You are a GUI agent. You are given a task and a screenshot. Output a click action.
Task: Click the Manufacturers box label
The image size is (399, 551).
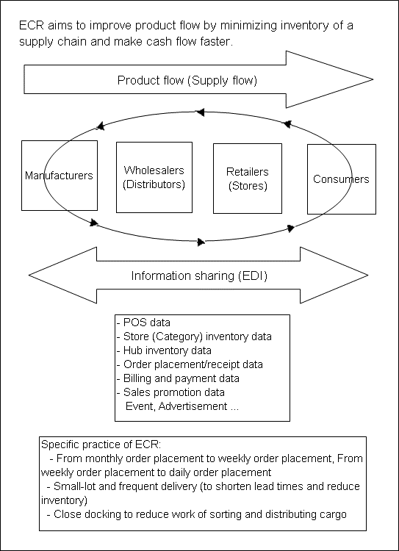(59, 176)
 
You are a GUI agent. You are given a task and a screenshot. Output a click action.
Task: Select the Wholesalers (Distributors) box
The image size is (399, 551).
(154, 177)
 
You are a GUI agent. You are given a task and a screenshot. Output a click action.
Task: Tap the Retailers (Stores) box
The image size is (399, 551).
(248, 179)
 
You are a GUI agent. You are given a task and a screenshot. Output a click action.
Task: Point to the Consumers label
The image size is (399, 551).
(341, 179)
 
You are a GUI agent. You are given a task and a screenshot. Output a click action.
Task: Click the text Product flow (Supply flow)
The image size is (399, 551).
(187, 81)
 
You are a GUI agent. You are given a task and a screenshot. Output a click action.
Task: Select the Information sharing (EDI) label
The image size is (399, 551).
(199, 275)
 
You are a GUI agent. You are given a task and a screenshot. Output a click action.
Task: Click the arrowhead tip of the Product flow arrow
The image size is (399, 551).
(373, 79)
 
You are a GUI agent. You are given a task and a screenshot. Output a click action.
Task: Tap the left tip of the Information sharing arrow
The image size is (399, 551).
(29, 275)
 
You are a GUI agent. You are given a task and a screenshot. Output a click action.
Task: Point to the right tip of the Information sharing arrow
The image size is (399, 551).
(368, 275)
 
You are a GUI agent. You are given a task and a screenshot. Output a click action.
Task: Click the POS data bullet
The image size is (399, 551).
(143, 323)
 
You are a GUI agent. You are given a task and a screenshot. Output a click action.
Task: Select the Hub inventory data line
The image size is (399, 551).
(164, 350)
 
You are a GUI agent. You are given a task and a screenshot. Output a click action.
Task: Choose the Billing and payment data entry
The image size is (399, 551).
(178, 378)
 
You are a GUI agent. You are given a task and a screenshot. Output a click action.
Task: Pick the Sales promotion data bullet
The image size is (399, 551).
(170, 392)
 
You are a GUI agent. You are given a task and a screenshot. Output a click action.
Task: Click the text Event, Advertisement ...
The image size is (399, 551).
(176, 406)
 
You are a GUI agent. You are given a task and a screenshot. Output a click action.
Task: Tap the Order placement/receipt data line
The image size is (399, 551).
(190, 364)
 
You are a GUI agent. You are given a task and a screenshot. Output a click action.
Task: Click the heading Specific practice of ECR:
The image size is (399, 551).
(101, 444)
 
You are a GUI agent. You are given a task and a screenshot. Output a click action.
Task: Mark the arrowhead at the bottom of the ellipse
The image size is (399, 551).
(201, 242)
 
